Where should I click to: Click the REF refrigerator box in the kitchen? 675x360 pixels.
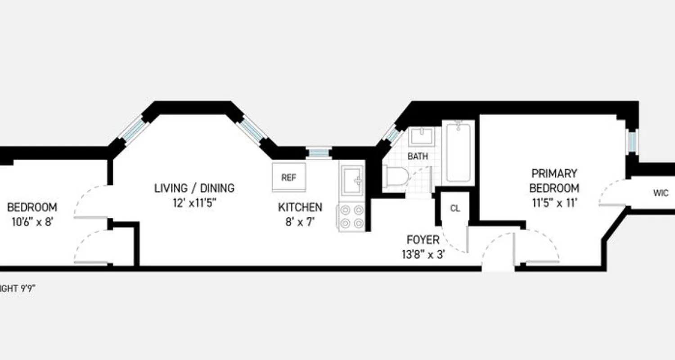tap(289, 177)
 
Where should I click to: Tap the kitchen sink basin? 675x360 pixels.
tap(352, 180)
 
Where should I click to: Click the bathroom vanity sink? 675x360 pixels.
tap(421, 136)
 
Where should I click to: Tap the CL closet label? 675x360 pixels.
tap(455, 209)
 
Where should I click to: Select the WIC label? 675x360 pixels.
tap(661, 193)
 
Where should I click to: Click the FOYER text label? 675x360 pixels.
tap(423, 239)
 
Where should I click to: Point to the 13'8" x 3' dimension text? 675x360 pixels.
tap(423, 254)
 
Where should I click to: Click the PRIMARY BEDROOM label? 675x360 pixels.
tap(554, 180)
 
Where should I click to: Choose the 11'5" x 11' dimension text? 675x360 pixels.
tap(554, 203)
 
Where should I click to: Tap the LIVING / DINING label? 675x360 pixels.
tap(194, 188)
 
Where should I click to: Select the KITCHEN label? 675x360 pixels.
tap(300, 207)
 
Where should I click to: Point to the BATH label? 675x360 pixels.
tap(418, 157)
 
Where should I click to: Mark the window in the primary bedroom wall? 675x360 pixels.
tap(633, 141)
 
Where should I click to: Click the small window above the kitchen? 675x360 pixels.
tap(319, 153)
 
